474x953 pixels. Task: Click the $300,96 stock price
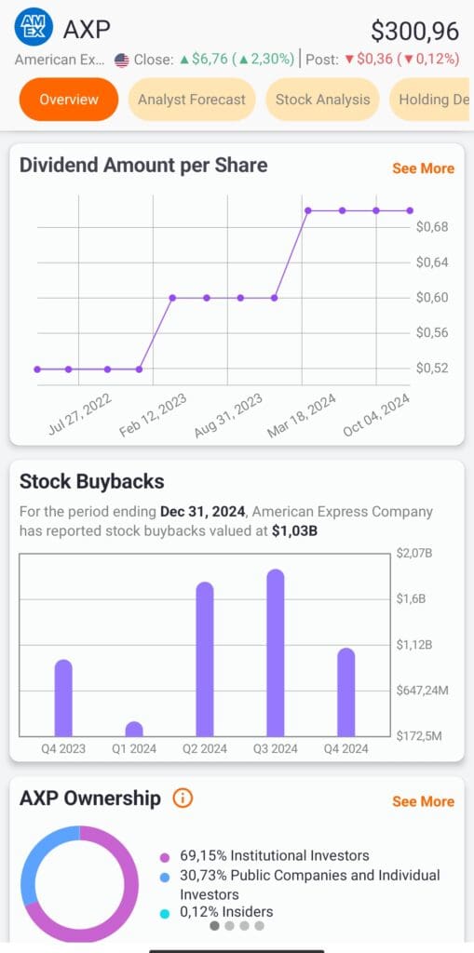coord(414,31)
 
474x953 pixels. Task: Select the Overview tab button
coord(68,100)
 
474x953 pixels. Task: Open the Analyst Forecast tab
coord(192,100)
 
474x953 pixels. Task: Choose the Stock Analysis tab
coord(322,100)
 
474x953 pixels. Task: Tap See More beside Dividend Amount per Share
coord(423,168)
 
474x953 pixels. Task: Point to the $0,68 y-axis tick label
coord(432,227)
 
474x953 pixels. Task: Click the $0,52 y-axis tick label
coord(432,368)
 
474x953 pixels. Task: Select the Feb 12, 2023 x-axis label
coord(154,415)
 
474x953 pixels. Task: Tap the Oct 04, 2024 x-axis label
coord(377,415)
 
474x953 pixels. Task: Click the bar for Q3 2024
coord(276,652)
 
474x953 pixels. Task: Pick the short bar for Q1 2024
coord(134,729)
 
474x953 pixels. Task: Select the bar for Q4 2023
coord(63,697)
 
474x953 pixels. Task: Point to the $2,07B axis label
coord(414,554)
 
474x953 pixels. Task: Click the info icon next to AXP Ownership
coord(183,799)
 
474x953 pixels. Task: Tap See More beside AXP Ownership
coord(423,801)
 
